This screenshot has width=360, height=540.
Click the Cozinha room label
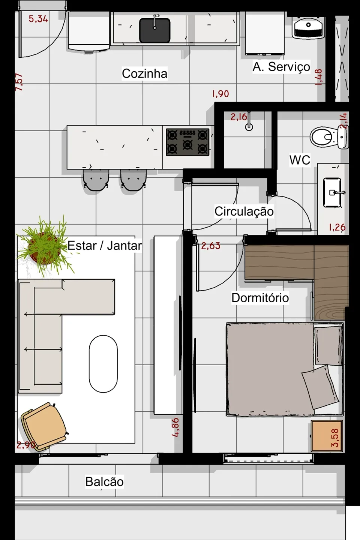[144, 73]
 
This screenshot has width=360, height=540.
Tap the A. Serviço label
[281, 67]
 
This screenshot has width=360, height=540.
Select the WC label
[300, 160]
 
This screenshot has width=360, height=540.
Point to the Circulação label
[244, 211]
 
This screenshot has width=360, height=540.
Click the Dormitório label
[260, 298]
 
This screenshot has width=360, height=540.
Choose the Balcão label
[104, 481]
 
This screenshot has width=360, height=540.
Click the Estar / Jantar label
[104, 246]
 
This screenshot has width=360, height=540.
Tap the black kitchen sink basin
[155, 30]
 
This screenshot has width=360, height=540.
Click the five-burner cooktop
[187, 142]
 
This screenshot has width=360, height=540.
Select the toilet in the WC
[328, 137]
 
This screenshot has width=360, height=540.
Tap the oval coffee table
[103, 364]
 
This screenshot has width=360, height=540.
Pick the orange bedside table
[327, 436]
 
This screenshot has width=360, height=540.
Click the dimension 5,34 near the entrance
[38, 19]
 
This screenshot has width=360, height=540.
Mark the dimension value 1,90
[220, 94]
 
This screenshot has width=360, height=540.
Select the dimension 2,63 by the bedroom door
[210, 246]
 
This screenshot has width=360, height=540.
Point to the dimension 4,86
[175, 427]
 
